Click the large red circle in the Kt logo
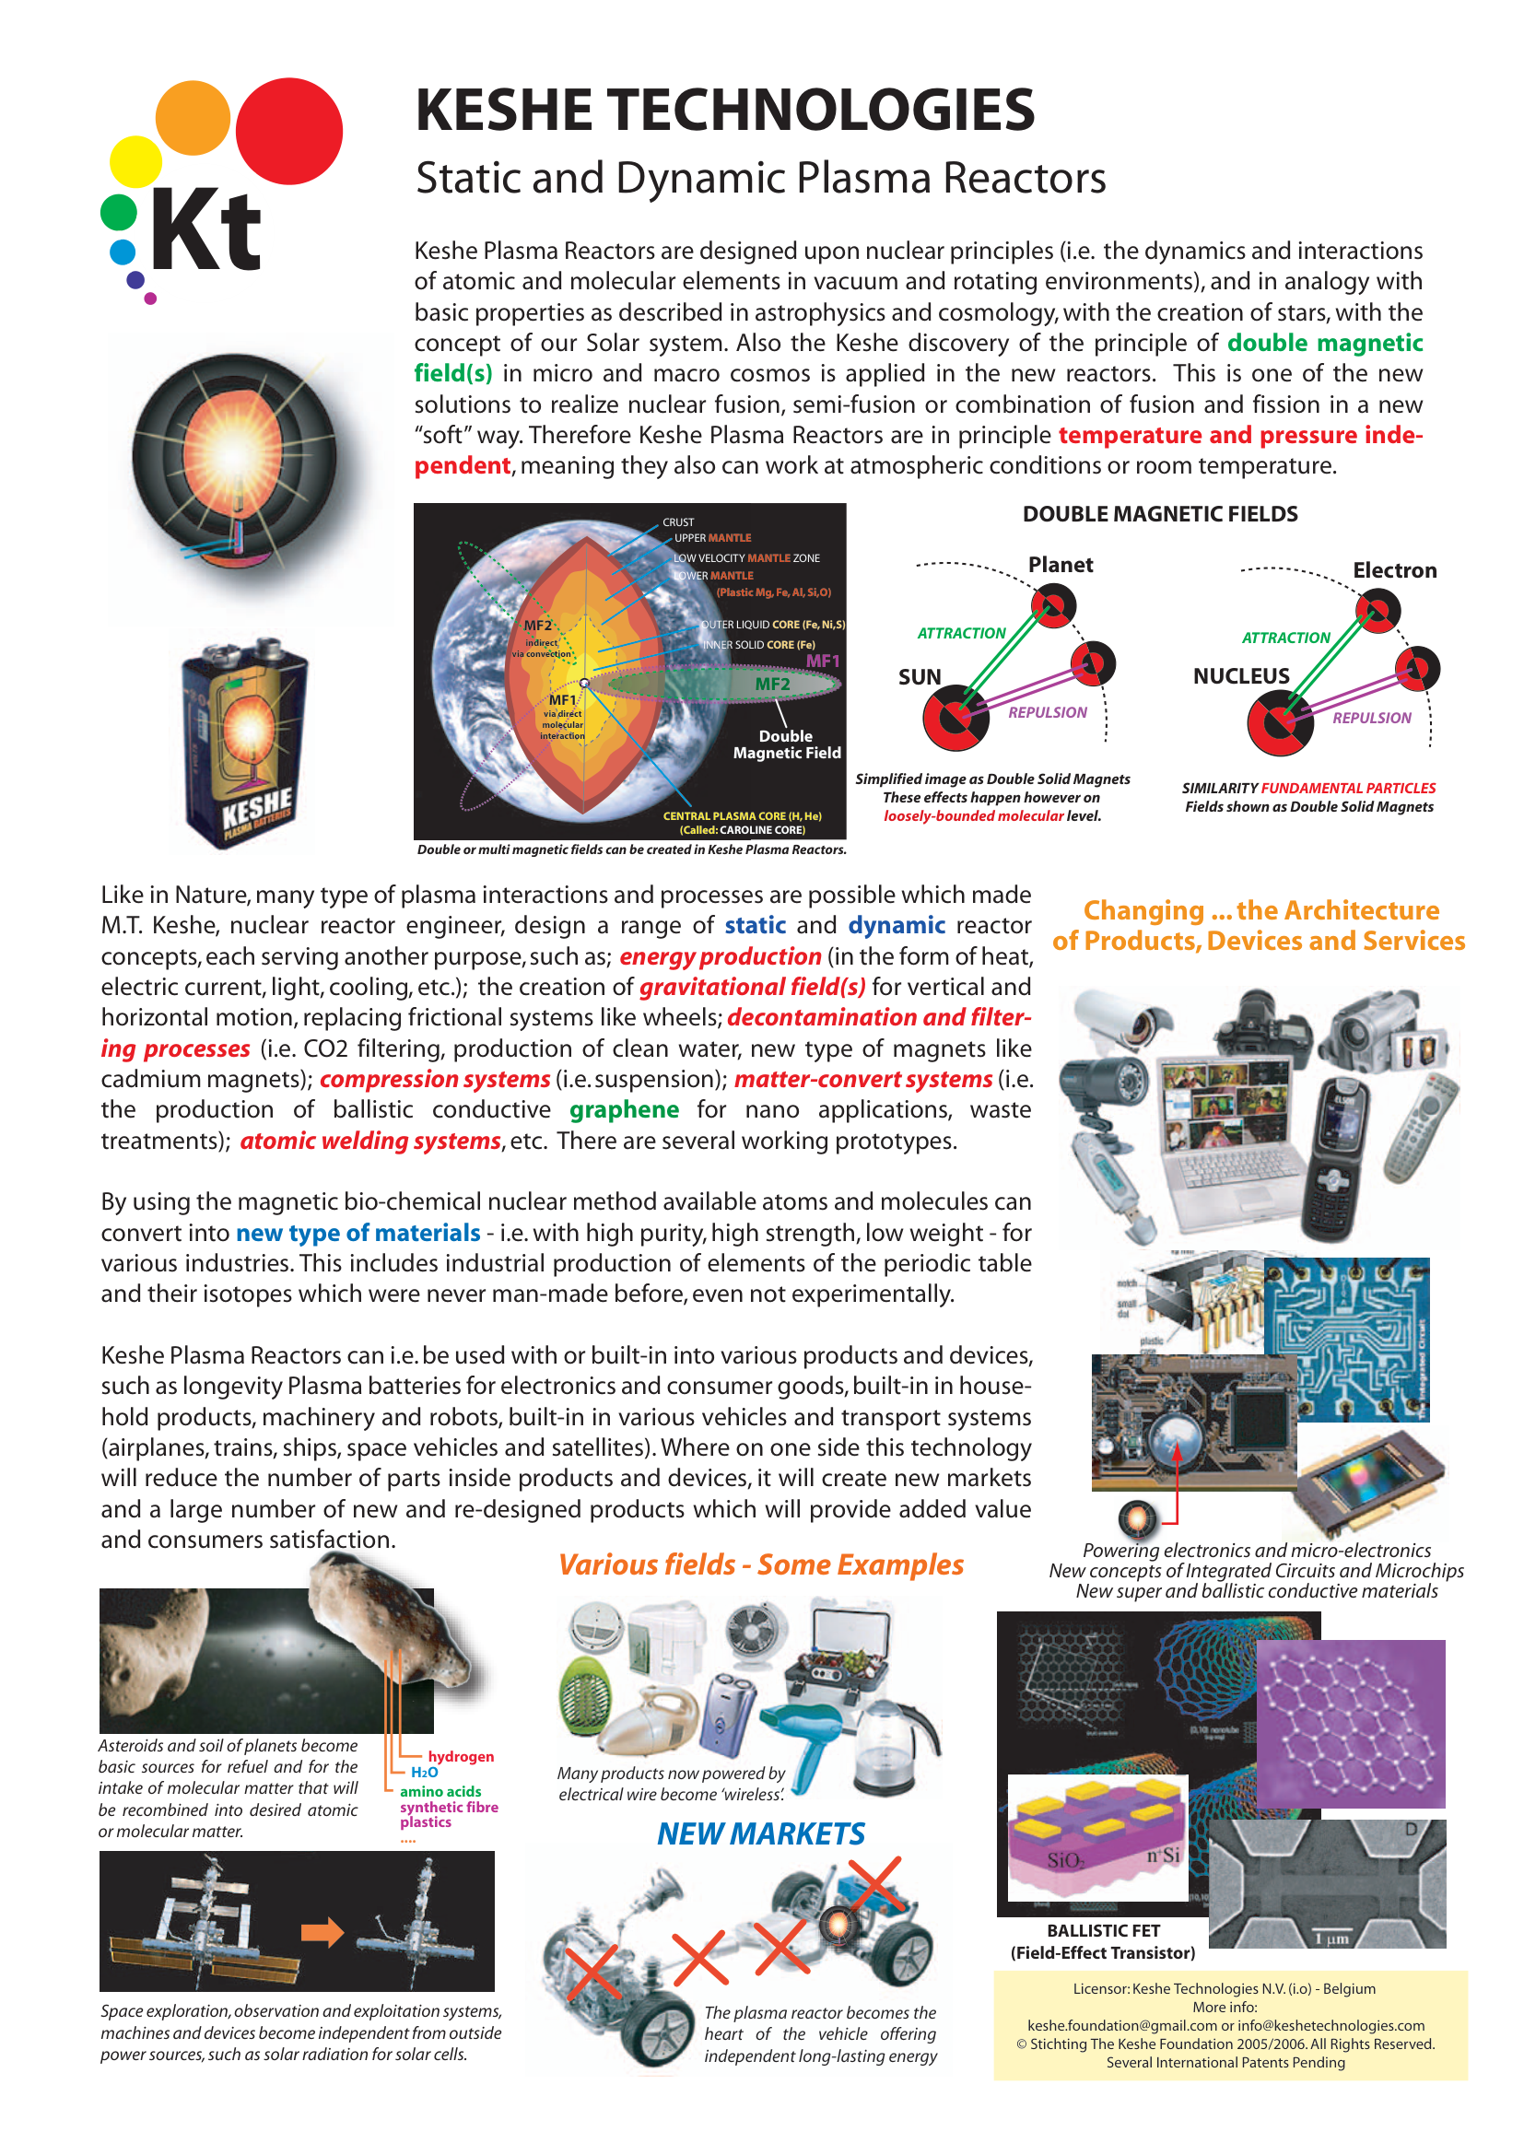click(x=288, y=132)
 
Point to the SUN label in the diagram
click(x=919, y=678)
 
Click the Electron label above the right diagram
click(x=1393, y=570)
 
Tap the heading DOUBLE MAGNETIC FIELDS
click(x=1160, y=514)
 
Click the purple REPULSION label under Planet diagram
click(x=1048, y=713)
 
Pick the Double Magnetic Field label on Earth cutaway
click(x=786, y=744)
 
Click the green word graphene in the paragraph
click(x=624, y=1110)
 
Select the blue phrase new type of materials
click(x=358, y=1234)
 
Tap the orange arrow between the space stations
click(x=322, y=1933)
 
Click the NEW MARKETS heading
click(x=760, y=1834)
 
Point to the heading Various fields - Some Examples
click(x=760, y=1565)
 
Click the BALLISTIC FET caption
click(x=1103, y=1931)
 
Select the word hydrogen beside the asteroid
click(x=460, y=1757)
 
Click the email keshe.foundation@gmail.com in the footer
click(x=1121, y=2025)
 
